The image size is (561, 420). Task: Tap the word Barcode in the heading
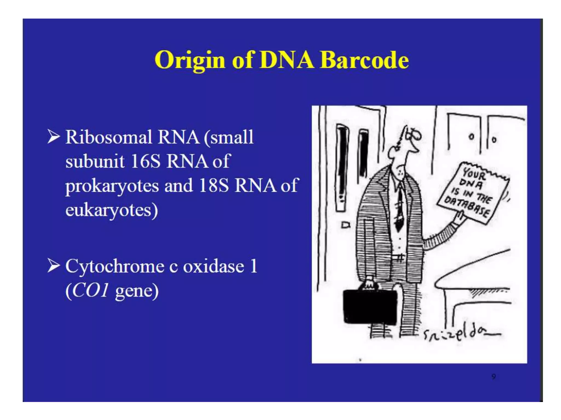click(x=364, y=60)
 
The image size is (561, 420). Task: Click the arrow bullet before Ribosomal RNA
click(x=53, y=136)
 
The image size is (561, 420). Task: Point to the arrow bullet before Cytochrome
click(x=53, y=266)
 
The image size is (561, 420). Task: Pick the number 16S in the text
click(x=145, y=161)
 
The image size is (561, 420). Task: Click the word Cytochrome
click(x=115, y=266)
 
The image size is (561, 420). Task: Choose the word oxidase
click(x=213, y=266)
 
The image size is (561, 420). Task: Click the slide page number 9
click(x=493, y=377)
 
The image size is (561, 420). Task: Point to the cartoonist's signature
click(x=460, y=334)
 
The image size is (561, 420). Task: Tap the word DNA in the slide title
click(x=287, y=60)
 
